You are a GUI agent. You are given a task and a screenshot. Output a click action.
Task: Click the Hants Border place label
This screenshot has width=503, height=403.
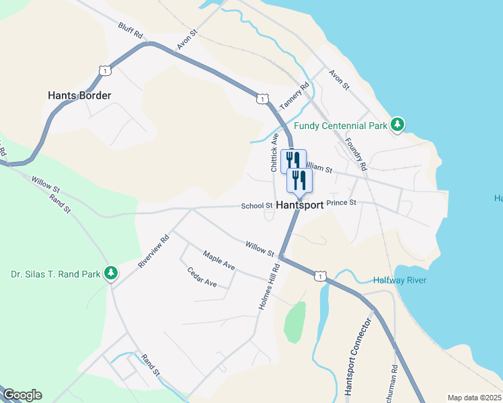pyautogui.click(x=79, y=95)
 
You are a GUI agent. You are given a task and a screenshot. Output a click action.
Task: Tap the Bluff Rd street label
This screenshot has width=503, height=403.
pyautogui.click(x=131, y=30)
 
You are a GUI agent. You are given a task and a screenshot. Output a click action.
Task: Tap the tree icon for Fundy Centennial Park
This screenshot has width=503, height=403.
pyautogui.click(x=398, y=124)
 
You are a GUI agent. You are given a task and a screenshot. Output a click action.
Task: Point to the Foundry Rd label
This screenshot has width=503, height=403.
pyautogui.click(x=354, y=154)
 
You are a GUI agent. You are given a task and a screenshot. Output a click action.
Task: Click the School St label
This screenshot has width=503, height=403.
pyautogui.click(x=257, y=206)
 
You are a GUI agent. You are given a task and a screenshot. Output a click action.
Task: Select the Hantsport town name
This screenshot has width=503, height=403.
pyautogui.click(x=300, y=205)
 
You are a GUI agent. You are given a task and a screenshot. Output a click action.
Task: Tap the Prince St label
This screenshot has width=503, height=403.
pyautogui.click(x=341, y=202)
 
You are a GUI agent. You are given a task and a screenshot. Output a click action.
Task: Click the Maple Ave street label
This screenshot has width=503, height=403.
pyautogui.click(x=219, y=260)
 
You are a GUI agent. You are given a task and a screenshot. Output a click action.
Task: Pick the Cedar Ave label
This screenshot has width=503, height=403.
pyautogui.click(x=202, y=277)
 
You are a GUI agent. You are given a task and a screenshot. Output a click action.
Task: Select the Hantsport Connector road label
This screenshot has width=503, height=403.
pyautogui.click(x=356, y=356)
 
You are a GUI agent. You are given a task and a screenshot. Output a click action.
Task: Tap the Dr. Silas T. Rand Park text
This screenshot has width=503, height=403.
pyautogui.click(x=55, y=274)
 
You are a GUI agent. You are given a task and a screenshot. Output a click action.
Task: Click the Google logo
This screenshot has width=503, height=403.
pyautogui.click(x=22, y=396)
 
